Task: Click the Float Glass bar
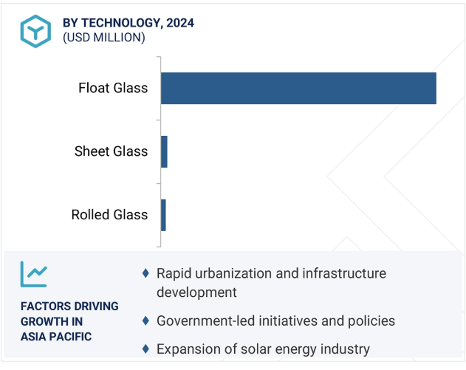click(x=298, y=89)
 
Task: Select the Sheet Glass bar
click(x=165, y=151)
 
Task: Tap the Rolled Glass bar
click(x=163, y=215)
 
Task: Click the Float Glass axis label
click(x=113, y=88)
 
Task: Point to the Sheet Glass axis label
click(x=111, y=151)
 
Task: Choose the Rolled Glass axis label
click(x=109, y=215)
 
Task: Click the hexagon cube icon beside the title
click(x=35, y=31)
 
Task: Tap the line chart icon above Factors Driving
click(x=33, y=274)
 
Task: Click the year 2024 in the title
click(x=180, y=23)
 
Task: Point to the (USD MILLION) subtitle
click(x=104, y=38)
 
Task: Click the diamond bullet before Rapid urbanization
click(x=145, y=273)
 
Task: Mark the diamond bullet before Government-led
click(x=145, y=321)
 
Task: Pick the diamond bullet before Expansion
click(x=145, y=349)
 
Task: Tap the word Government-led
click(x=205, y=321)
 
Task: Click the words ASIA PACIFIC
click(x=56, y=337)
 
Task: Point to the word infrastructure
click(x=344, y=273)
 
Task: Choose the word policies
click(x=371, y=321)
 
